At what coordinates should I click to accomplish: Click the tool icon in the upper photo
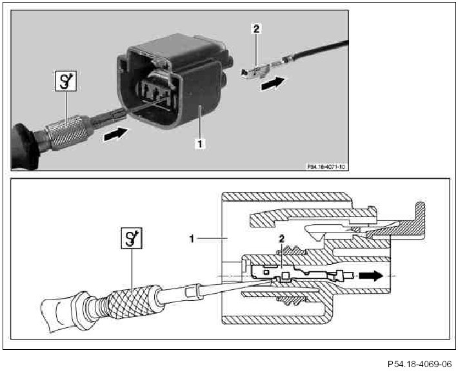click(63, 83)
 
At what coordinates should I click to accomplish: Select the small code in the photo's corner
click(327, 166)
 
